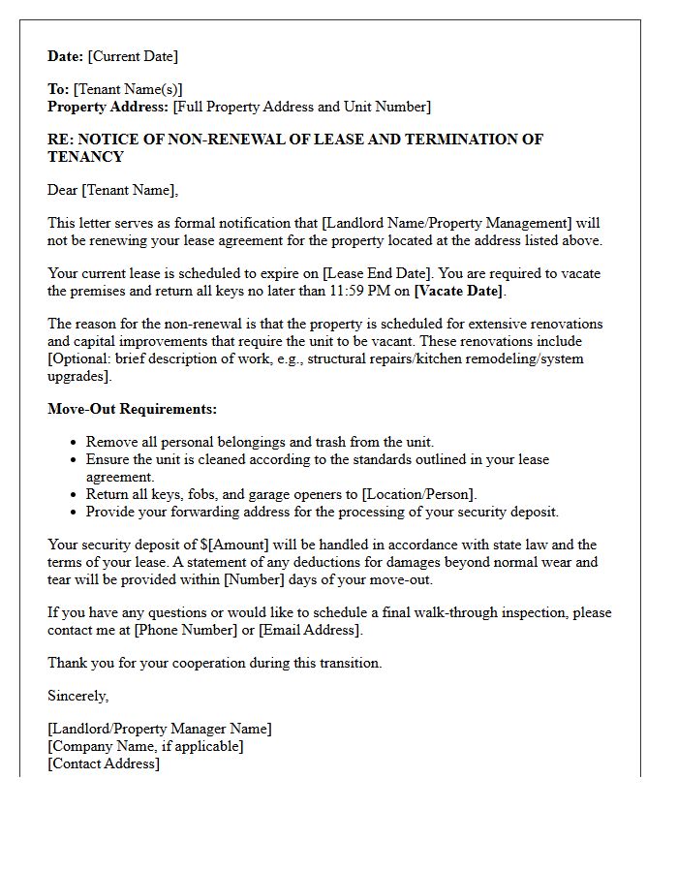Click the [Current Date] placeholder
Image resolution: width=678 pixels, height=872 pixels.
pos(133,57)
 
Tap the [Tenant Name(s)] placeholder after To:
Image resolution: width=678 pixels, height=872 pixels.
pos(128,89)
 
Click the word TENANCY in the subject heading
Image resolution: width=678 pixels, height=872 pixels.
pos(85,157)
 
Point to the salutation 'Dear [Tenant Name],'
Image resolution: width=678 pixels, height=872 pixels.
pos(113,190)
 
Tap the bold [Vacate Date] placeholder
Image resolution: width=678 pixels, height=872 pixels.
pos(459,292)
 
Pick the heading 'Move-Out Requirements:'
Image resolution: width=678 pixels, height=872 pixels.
pos(133,409)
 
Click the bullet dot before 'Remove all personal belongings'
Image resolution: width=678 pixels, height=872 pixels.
pos(74,443)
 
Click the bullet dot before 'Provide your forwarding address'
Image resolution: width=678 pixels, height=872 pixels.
pos(74,513)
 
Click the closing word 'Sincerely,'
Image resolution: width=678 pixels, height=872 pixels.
pos(78,696)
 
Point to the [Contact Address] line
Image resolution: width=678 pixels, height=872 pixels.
pos(104,763)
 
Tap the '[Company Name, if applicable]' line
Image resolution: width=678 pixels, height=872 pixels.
pos(145,746)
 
